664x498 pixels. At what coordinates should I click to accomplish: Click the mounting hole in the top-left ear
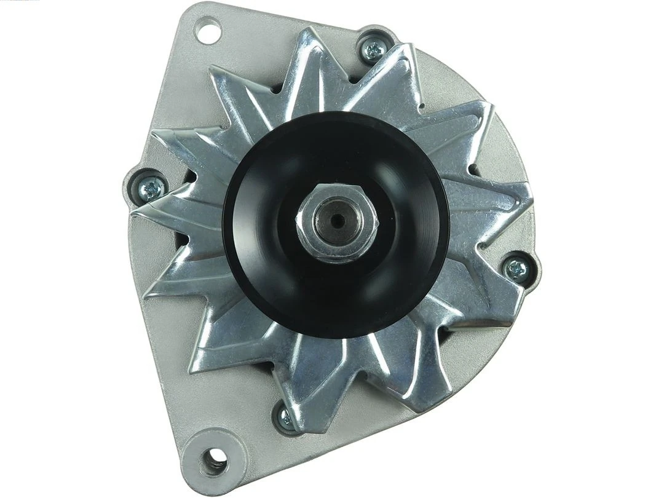coord(208,30)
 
